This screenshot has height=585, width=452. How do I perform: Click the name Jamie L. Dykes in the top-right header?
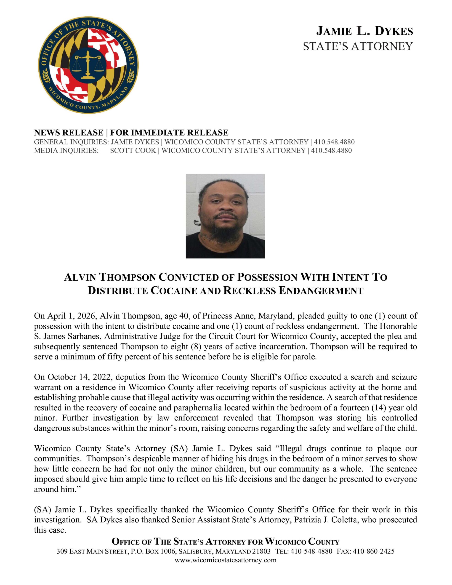click(x=365, y=31)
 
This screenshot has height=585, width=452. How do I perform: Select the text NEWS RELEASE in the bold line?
click(x=69, y=132)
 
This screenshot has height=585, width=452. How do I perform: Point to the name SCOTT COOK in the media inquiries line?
click(x=133, y=151)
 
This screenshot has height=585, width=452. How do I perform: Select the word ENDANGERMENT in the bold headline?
click(x=321, y=291)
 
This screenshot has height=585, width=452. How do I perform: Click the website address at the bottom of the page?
click(x=225, y=560)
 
